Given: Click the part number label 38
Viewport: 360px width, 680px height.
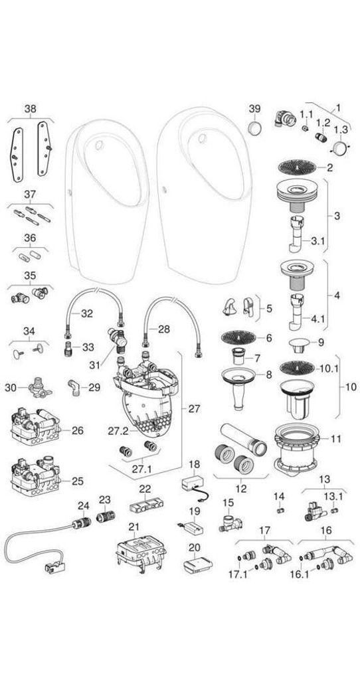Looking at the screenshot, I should click(x=31, y=108).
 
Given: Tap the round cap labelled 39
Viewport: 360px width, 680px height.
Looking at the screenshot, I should click(x=255, y=128).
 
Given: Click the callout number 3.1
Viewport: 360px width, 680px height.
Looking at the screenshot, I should click(x=318, y=241).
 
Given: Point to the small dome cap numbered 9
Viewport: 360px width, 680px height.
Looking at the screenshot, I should click(x=297, y=343).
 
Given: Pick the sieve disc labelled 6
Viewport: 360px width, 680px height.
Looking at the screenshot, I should click(x=238, y=337).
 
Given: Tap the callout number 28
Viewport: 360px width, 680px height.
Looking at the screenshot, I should click(x=163, y=329).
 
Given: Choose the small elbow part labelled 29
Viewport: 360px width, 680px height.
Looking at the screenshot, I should click(x=74, y=387).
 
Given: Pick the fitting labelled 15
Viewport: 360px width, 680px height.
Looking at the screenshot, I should click(x=229, y=523).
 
